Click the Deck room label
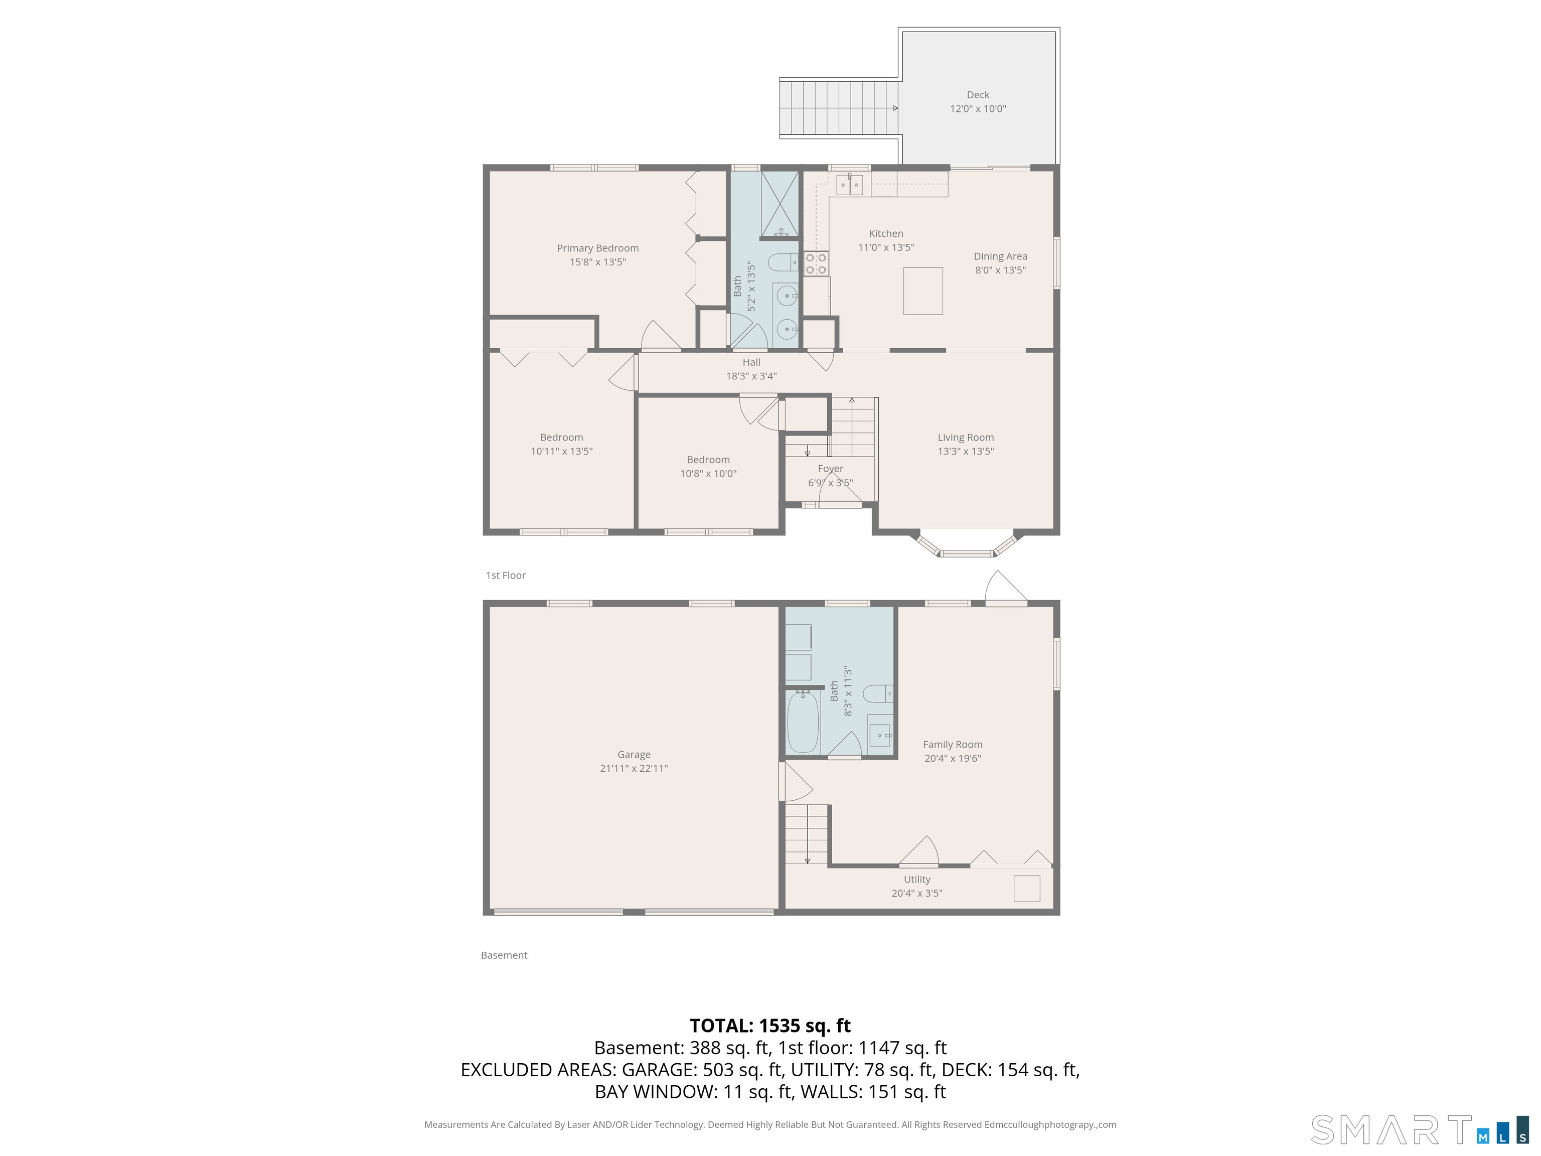pos(977,95)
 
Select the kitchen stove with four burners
pos(816,263)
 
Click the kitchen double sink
pos(849,185)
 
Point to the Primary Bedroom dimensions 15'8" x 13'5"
pos(598,262)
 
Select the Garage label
pos(633,755)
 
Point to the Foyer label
pos(830,469)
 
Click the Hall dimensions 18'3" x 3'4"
pos(751,376)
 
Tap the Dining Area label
pos(1000,256)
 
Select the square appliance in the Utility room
pos(1026,889)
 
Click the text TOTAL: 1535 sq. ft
pos(770,1026)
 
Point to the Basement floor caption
pos(504,955)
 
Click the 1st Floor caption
pos(505,575)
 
